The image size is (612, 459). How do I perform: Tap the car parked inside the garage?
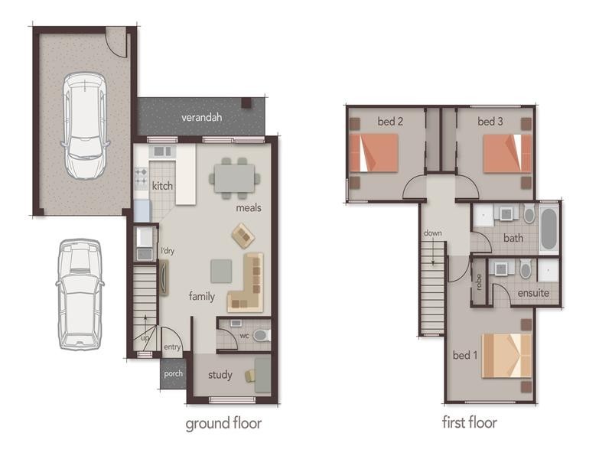[x=84, y=125]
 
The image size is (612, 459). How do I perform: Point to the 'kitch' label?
[x=162, y=186]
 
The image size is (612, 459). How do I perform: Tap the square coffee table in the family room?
[x=221, y=269]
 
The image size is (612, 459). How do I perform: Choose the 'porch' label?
[x=173, y=374]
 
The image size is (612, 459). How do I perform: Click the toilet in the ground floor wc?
[x=261, y=335]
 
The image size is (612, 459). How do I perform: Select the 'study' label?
[x=220, y=376]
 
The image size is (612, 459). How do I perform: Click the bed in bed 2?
[x=374, y=152]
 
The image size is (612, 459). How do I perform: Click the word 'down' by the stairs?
[x=432, y=233]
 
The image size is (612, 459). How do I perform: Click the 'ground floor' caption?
[x=223, y=422]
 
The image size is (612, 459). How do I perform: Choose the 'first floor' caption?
[x=470, y=422]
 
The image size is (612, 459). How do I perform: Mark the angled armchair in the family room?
[x=243, y=235]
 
